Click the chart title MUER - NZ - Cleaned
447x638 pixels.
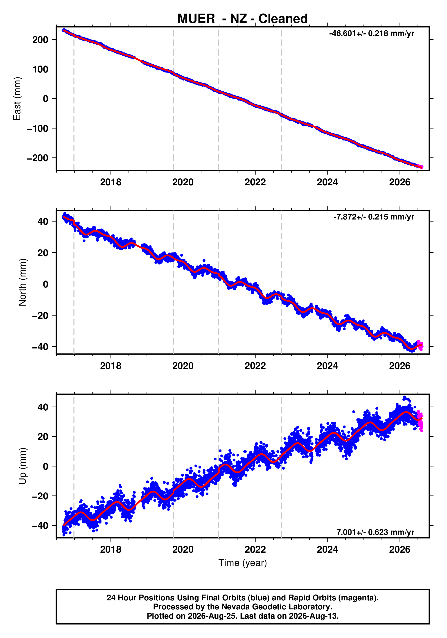point(243,19)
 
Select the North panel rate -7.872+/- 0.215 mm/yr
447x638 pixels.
point(374,217)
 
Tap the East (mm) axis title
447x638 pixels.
point(17,99)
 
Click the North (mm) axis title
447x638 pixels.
point(22,282)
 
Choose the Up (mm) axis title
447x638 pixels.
point(22,466)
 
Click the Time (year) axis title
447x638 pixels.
point(243,563)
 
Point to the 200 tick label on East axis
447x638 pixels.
point(40,40)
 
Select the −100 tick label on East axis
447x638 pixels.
point(38,128)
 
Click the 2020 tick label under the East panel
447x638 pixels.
point(183,182)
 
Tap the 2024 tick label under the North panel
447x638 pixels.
point(327,366)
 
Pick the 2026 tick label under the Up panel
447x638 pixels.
point(400,550)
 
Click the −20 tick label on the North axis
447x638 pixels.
point(40,316)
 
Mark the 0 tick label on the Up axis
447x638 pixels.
point(45,466)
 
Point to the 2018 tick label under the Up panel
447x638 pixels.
point(111,550)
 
